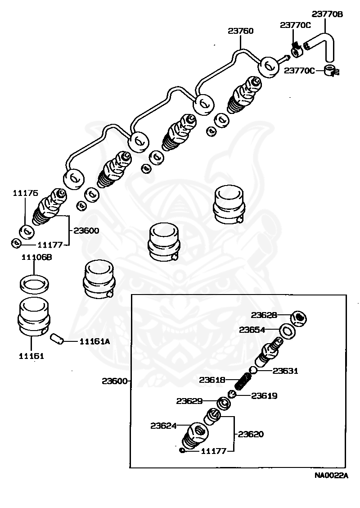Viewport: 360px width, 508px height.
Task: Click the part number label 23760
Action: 240,31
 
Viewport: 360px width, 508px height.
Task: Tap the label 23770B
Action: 328,14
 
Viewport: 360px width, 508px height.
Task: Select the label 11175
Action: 26,193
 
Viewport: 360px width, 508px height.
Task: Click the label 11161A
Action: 94,341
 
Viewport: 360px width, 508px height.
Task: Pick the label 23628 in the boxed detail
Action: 264,315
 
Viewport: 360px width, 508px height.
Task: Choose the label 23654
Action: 252,330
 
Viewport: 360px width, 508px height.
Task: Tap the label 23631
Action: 286,371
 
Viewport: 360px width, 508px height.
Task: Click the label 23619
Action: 264,396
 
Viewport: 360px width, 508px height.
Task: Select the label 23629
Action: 189,401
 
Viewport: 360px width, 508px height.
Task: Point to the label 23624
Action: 164,425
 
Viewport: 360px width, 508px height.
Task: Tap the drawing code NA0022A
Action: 331,475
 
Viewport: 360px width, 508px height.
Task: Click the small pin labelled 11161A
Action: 58,338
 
